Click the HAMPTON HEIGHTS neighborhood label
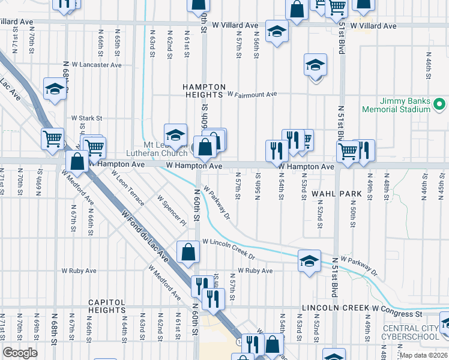coord(204,91)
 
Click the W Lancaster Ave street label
coord(97,65)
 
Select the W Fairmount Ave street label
coord(252,95)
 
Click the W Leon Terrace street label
coord(127,187)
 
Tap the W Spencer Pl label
coord(172,209)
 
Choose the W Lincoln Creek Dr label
coord(229,248)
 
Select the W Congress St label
coord(397,313)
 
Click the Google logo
coord(20,353)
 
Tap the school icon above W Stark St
coord(55,90)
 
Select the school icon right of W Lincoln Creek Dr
coord(309,261)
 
